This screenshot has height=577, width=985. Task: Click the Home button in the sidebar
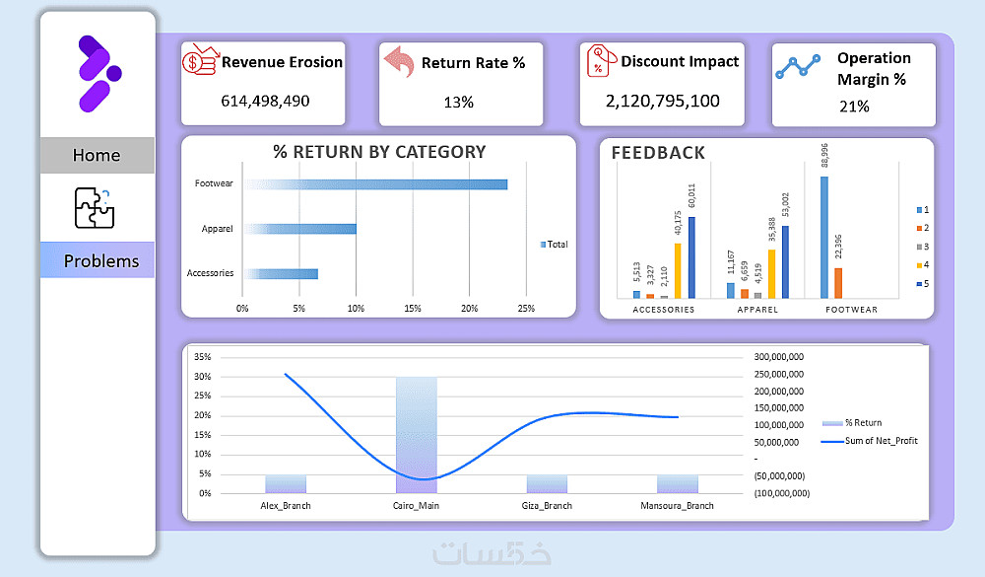[97, 155]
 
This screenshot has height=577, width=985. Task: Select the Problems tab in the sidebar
[100, 260]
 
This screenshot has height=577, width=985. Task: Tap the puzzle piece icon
[96, 207]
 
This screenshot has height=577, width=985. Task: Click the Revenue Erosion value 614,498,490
[264, 101]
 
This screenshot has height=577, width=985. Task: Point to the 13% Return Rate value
[459, 102]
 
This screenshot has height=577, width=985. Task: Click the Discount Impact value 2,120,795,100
[662, 101]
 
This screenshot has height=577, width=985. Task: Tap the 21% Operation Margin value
[854, 106]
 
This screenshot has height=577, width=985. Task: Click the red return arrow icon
[398, 62]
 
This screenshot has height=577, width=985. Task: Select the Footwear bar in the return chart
[375, 184]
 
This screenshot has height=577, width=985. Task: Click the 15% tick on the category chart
[413, 309]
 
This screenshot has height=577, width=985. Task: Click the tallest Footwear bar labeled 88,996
[823, 237]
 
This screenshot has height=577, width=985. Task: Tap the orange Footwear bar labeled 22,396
[838, 282]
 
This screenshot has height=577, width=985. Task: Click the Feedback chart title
[658, 153]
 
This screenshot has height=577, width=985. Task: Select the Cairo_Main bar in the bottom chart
[417, 434]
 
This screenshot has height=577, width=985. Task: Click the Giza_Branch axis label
[547, 506]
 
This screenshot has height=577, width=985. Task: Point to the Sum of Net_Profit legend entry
[871, 441]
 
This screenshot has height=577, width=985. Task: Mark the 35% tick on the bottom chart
[203, 356]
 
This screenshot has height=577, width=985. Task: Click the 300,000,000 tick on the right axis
[777, 357]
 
